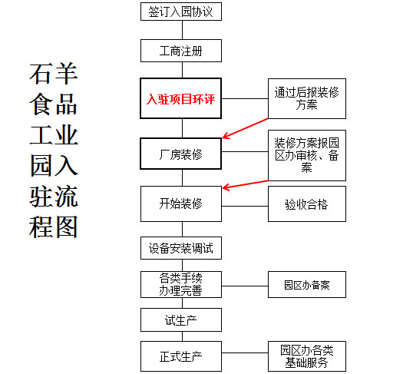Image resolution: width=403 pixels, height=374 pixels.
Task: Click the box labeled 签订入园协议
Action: click(181, 12)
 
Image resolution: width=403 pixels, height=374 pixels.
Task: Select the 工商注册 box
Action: click(181, 51)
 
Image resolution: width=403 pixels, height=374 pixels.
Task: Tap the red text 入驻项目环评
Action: click(180, 99)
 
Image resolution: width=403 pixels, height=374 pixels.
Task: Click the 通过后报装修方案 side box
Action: click(307, 99)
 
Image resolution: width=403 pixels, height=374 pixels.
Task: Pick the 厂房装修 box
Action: click(180, 154)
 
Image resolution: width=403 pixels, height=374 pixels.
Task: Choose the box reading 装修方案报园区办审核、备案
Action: click(307, 155)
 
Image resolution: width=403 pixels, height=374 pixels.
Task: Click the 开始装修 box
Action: click(181, 204)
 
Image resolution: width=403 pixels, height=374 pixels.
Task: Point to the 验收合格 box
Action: click(307, 204)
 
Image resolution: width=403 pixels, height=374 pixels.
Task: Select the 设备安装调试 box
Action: click(181, 248)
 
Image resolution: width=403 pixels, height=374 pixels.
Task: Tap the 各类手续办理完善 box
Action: click(181, 285)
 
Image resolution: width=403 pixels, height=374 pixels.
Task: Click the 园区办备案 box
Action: click(307, 285)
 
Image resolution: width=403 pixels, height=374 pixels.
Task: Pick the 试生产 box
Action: click(181, 320)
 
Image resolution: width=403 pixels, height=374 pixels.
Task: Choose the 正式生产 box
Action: click(181, 356)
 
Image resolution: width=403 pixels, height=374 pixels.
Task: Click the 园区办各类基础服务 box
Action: click(307, 356)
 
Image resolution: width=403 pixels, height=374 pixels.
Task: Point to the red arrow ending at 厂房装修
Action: click(245, 128)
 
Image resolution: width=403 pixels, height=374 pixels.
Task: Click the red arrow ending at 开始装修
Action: click(245, 185)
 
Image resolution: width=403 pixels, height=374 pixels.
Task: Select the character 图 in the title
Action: click(66, 227)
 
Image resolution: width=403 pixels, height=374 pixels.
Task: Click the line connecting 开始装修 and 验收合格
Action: click(245, 206)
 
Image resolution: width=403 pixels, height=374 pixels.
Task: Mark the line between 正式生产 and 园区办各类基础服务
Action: click(245, 352)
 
